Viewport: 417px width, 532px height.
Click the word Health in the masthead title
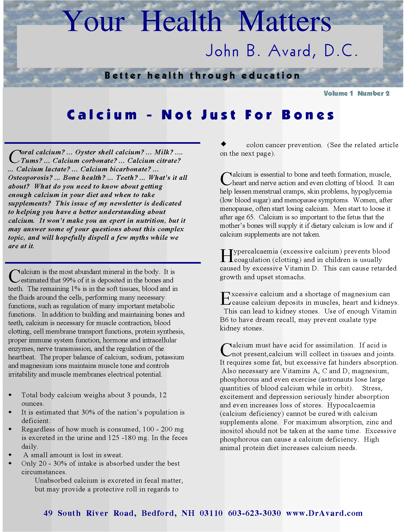click(181, 22)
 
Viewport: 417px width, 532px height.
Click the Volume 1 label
click(338, 93)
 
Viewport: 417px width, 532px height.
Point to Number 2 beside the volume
click(373, 93)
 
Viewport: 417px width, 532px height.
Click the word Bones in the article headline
click(308, 115)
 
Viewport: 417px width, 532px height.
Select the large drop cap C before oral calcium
click(14, 156)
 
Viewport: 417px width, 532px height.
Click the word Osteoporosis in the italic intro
click(30, 177)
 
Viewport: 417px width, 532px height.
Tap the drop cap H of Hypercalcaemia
click(226, 256)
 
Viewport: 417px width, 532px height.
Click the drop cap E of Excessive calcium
click(225, 299)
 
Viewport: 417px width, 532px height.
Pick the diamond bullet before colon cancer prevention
click(223, 144)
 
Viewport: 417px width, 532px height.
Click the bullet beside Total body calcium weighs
click(10, 395)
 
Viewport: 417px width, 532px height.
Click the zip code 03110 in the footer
click(211, 513)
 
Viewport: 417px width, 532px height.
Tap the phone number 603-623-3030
click(254, 513)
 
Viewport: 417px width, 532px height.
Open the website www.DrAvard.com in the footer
click(324, 513)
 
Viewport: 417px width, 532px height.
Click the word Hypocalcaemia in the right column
click(351, 405)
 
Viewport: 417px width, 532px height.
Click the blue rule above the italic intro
click(102, 143)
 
